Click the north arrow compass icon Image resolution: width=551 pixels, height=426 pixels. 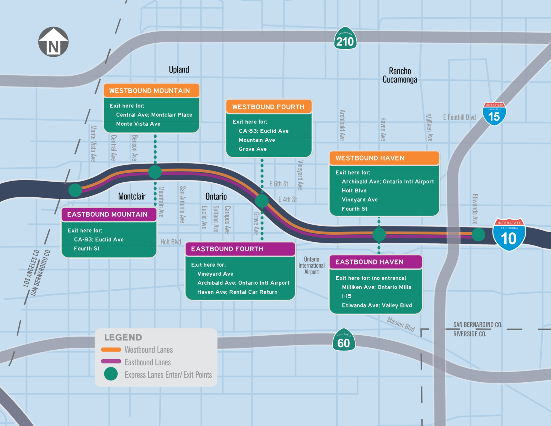(53, 42)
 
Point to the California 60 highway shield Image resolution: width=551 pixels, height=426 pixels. (344, 340)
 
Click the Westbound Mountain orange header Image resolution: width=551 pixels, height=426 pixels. (151, 90)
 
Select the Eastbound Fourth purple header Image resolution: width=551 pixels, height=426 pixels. (240, 249)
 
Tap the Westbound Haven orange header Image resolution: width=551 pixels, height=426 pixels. (384, 158)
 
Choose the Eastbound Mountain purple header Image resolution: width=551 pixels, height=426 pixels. (109, 214)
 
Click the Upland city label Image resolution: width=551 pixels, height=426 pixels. (179, 69)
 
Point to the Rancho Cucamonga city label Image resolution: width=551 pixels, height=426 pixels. (400, 75)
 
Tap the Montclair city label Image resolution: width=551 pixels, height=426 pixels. (132, 196)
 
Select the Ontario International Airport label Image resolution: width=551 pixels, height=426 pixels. (311, 266)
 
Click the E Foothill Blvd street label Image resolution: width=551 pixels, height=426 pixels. (459, 117)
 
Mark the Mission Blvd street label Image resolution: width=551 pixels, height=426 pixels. (401, 324)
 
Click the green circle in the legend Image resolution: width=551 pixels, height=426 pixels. (111, 374)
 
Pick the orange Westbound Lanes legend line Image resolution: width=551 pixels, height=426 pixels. (111, 350)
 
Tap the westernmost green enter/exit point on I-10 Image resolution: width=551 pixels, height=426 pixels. (75, 190)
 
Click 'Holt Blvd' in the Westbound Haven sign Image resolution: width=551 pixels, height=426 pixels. (354, 191)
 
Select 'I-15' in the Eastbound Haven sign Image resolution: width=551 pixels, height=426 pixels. (347, 296)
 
